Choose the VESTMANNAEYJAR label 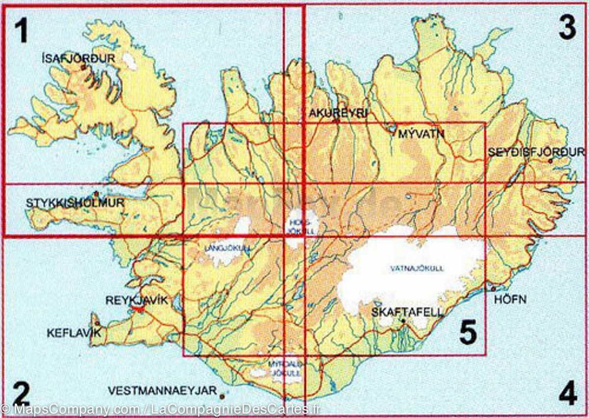tap(162, 391)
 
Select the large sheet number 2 tap(22, 392)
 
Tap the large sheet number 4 tap(567, 393)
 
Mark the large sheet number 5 tap(468, 333)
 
